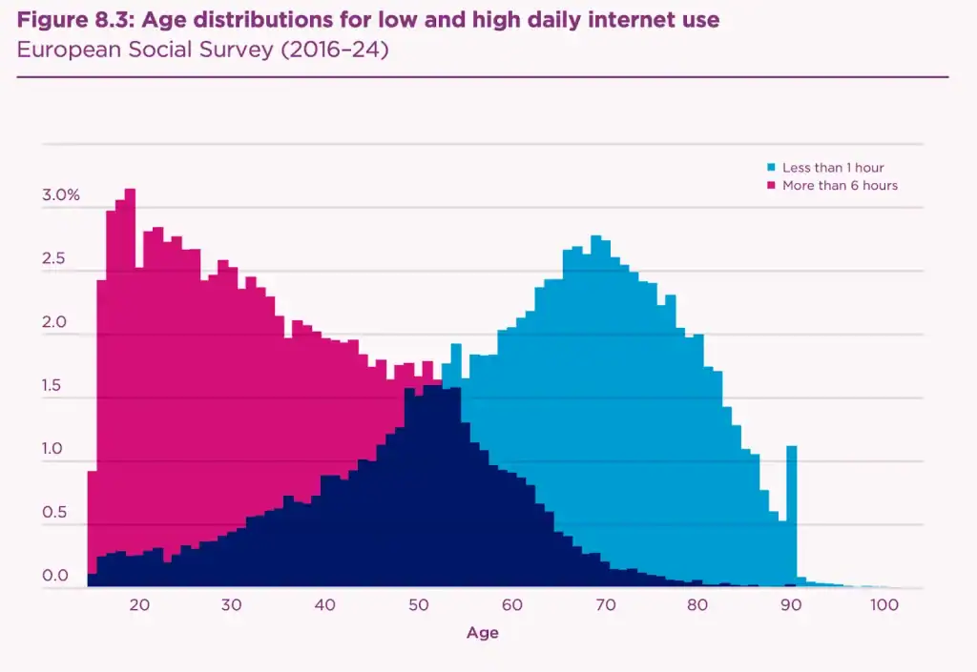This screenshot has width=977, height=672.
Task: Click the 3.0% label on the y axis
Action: [61, 195]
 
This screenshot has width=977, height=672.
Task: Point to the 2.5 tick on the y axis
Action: [53, 259]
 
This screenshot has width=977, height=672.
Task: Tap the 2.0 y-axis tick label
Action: [53, 322]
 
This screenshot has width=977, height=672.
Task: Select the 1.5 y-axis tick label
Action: [53, 386]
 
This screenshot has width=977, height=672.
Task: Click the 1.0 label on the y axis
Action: [53, 449]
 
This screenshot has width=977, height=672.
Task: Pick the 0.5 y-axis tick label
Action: [53, 513]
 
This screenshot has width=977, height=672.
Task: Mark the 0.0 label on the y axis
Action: [53, 576]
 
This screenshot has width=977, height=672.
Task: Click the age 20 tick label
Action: [138, 605]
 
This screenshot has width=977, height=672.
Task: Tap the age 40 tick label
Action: [324, 605]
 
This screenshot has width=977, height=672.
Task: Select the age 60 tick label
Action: [511, 605]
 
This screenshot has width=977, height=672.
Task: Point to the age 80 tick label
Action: [697, 605]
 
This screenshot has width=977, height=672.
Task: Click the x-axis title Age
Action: [482, 633]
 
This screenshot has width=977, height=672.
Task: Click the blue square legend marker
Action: [771, 168]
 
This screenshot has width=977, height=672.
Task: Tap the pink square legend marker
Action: [771, 185]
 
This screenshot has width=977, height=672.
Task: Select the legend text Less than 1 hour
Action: [833, 168]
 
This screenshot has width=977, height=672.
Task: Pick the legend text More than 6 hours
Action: [840, 185]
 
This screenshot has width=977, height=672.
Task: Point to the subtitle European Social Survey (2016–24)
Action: [202, 50]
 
